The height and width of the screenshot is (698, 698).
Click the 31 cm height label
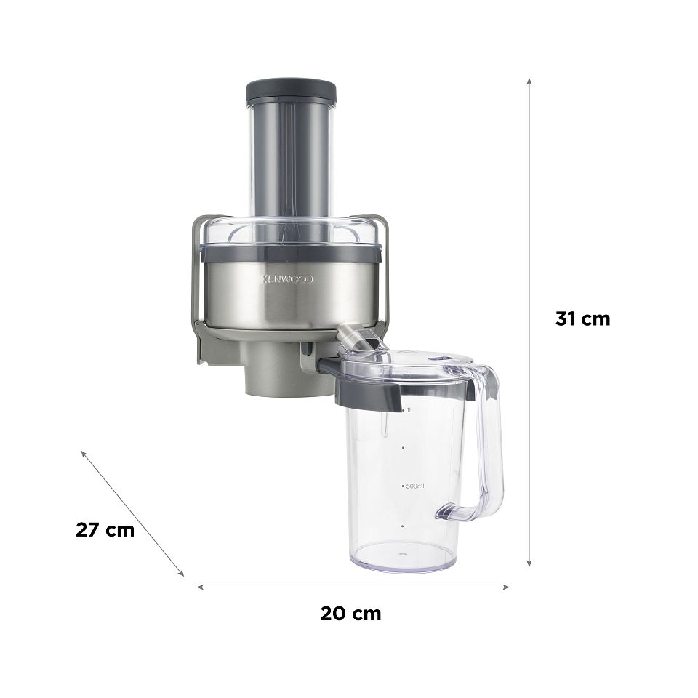click(582, 319)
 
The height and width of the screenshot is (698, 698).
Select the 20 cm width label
click(350, 614)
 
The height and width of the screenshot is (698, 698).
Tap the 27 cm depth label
click(105, 530)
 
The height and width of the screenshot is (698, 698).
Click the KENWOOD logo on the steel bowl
click(287, 279)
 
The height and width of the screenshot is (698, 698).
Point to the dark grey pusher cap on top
click(291, 91)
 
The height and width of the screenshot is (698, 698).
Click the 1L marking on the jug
click(409, 410)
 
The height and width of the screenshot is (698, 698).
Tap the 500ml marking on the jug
click(414, 486)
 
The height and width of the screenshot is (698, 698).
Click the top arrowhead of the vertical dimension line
click(529, 81)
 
